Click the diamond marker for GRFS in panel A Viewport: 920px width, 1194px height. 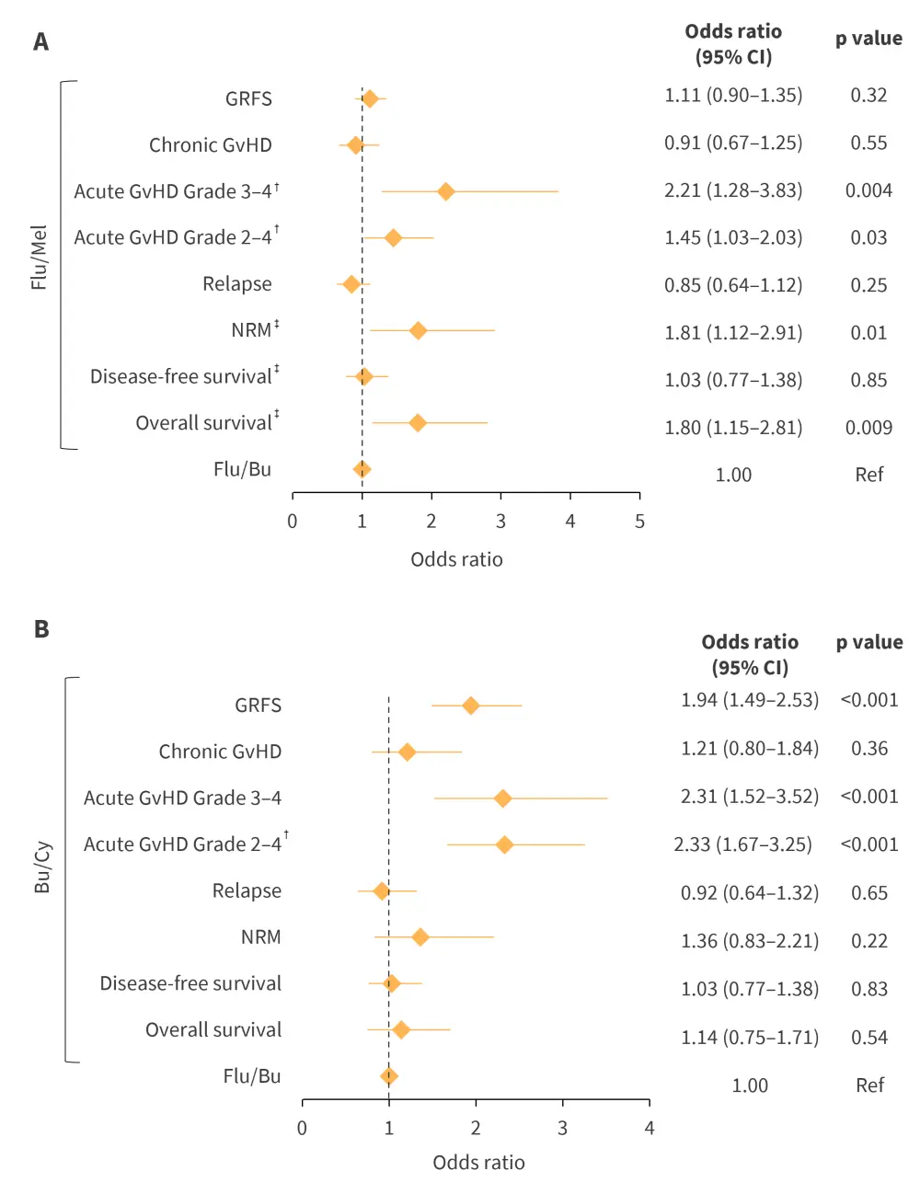tap(369, 98)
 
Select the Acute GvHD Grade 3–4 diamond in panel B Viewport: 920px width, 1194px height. tap(502, 798)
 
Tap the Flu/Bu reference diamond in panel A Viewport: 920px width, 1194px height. tap(362, 469)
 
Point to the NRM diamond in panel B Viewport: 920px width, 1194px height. tap(420, 936)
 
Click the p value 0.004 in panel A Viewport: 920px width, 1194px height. tap(868, 190)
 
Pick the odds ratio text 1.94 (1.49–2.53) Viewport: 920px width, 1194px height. tap(749, 700)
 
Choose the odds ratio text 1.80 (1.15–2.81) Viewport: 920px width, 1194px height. tap(733, 428)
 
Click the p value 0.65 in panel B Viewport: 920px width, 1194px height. tap(868, 892)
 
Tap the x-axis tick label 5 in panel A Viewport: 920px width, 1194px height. tap(639, 522)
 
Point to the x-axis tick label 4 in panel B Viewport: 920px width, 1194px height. tap(649, 1128)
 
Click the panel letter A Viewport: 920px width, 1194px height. tap(41, 42)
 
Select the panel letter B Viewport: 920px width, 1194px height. tap(41, 629)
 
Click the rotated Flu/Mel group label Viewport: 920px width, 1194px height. tap(39, 258)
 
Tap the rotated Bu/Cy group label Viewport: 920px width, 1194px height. tap(42, 867)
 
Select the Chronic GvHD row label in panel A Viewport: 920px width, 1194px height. tap(211, 145)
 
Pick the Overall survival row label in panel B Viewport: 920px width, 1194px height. tap(213, 1029)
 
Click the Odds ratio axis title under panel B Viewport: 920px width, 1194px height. tap(478, 1163)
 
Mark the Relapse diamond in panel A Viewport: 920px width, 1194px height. tap(351, 283)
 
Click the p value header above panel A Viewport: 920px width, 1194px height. tap(868, 39)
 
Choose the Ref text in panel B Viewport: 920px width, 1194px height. tap(869, 1085)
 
